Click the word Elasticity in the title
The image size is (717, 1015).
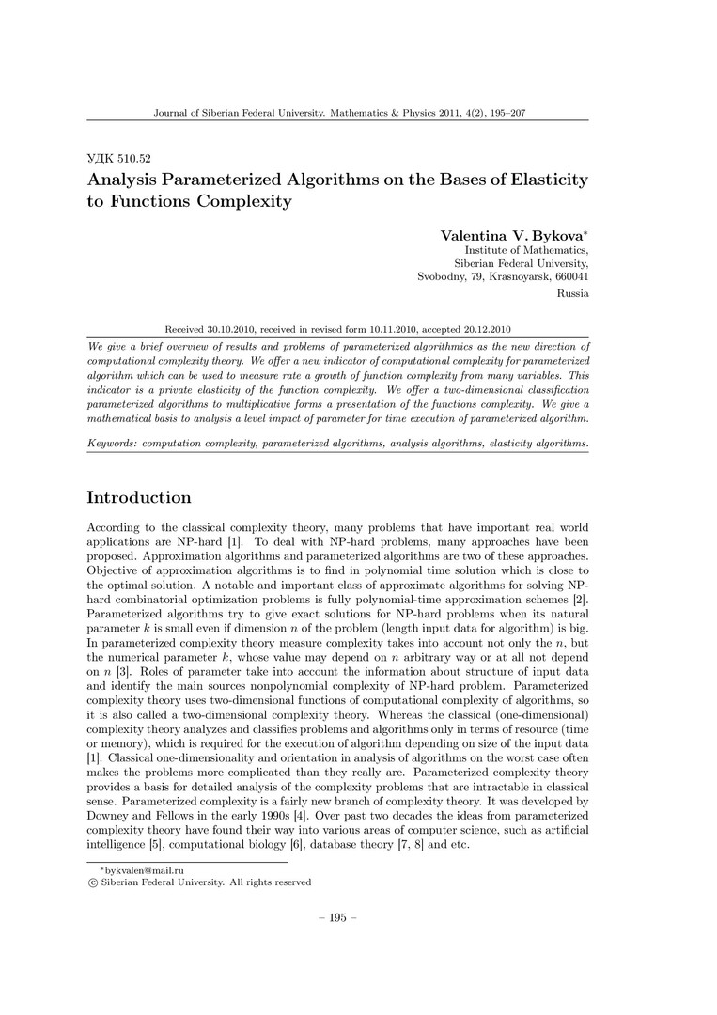tap(539, 179)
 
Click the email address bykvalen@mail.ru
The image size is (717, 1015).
tap(137, 871)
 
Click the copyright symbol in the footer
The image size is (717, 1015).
tap(91, 882)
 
